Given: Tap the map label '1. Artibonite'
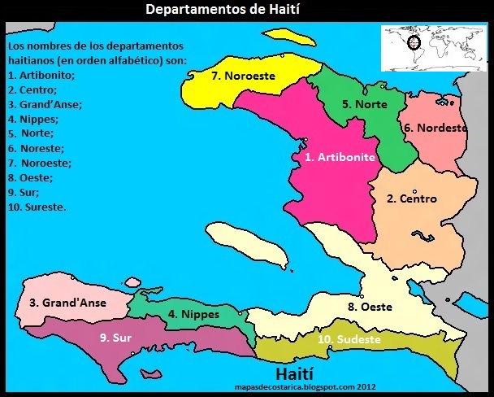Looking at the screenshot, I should [x=340, y=157].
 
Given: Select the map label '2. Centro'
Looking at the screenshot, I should [x=411, y=198].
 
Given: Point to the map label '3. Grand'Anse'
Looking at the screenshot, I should [x=67, y=303].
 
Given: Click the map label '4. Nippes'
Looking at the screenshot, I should [x=194, y=313].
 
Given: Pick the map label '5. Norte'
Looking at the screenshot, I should [x=364, y=104].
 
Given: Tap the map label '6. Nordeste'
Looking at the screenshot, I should [x=435, y=128].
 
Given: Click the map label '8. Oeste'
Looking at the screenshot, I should [x=370, y=307].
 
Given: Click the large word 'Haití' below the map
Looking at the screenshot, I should [x=305, y=373].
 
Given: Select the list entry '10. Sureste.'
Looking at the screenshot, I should [x=37, y=207].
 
